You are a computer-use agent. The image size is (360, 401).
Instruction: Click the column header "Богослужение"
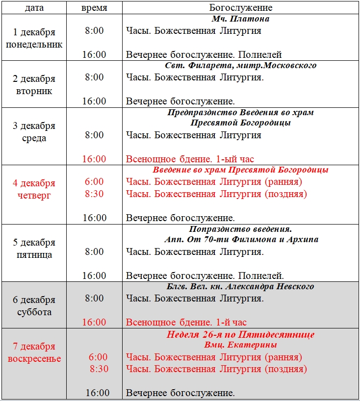pyautogui.click(x=241, y=8)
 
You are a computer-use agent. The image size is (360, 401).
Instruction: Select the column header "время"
pyautogui.click(x=94, y=8)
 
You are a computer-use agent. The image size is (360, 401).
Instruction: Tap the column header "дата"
pyautogui.click(x=34, y=8)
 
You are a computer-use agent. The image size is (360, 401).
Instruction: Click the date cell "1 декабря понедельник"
pyautogui.click(x=34, y=38)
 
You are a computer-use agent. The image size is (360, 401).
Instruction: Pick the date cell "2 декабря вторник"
pyautogui.click(x=34, y=85)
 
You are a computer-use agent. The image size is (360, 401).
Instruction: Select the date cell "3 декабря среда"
pyautogui.click(x=34, y=132)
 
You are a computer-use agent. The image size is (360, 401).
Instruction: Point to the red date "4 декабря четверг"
pyautogui.click(x=34, y=189)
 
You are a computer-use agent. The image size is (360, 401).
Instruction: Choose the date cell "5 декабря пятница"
pyautogui.click(x=34, y=249)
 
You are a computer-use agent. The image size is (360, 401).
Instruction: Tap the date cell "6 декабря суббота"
pyautogui.click(x=34, y=306)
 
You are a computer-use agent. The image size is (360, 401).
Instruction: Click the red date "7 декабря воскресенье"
pyautogui.click(x=34, y=352)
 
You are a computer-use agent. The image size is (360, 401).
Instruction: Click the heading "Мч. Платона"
pyautogui.click(x=241, y=19)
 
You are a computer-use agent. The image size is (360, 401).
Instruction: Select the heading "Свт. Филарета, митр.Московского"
pyautogui.click(x=241, y=65)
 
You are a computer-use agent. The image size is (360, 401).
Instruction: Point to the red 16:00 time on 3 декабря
pyautogui.click(x=94, y=159)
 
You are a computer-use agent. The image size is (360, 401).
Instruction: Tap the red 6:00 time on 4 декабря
pyautogui.click(x=94, y=182)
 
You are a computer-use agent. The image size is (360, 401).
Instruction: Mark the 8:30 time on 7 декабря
pyautogui.click(x=99, y=369)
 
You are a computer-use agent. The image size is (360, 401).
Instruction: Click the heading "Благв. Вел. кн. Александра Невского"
pyautogui.click(x=241, y=286)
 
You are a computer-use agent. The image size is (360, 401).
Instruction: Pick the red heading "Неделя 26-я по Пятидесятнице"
pyautogui.click(x=241, y=335)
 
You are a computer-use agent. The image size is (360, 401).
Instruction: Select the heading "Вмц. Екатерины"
pyautogui.click(x=241, y=345)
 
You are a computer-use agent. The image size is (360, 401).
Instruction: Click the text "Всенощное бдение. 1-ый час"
pyautogui.click(x=190, y=159)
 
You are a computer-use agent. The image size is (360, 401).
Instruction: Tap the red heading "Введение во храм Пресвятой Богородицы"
pyautogui.click(x=241, y=170)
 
